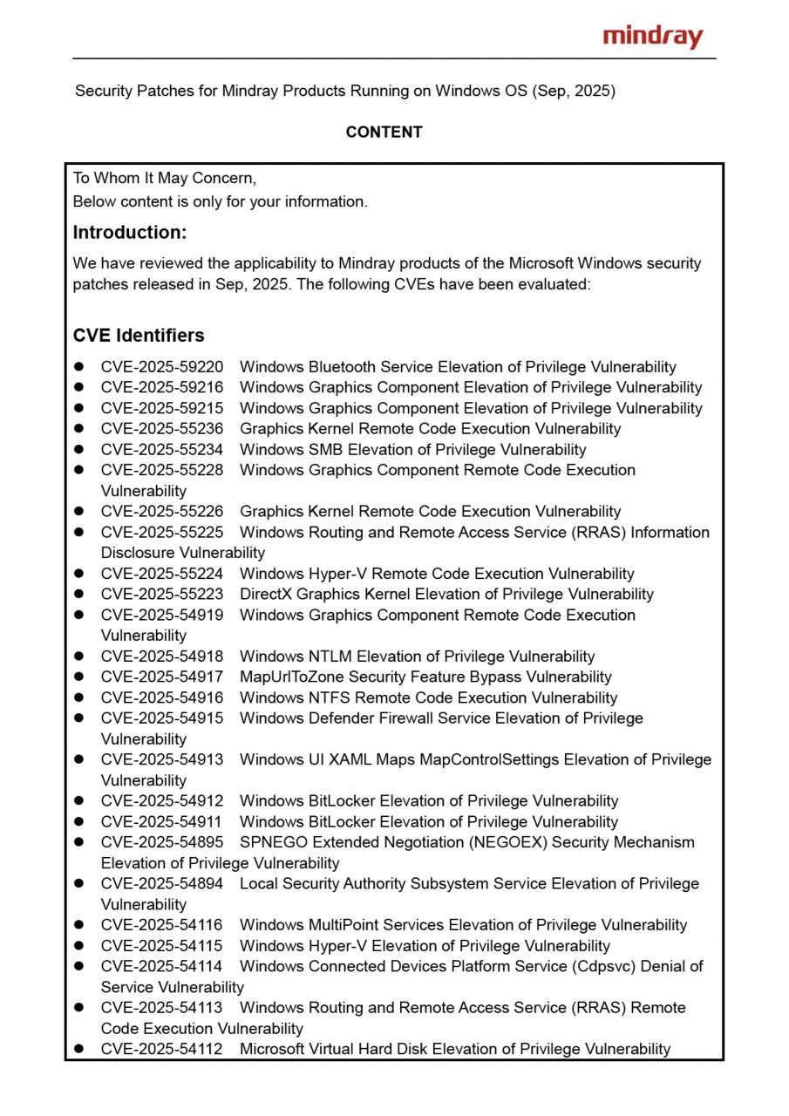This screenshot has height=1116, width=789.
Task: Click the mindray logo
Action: (653, 37)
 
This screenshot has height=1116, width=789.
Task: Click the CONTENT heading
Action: (384, 133)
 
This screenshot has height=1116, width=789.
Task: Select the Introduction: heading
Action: (130, 233)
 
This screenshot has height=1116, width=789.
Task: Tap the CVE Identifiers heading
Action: (139, 336)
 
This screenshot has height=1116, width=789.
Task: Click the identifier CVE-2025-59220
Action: (162, 367)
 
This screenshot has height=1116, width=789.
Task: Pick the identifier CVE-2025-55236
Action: (162, 429)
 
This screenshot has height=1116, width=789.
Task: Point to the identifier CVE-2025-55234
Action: (162, 450)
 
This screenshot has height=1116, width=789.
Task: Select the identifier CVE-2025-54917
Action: (162, 677)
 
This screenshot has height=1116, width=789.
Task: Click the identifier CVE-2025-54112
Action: (162, 1049)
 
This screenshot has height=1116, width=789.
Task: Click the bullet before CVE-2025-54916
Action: (78, 697)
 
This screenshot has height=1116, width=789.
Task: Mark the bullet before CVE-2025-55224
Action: (78, 574)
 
